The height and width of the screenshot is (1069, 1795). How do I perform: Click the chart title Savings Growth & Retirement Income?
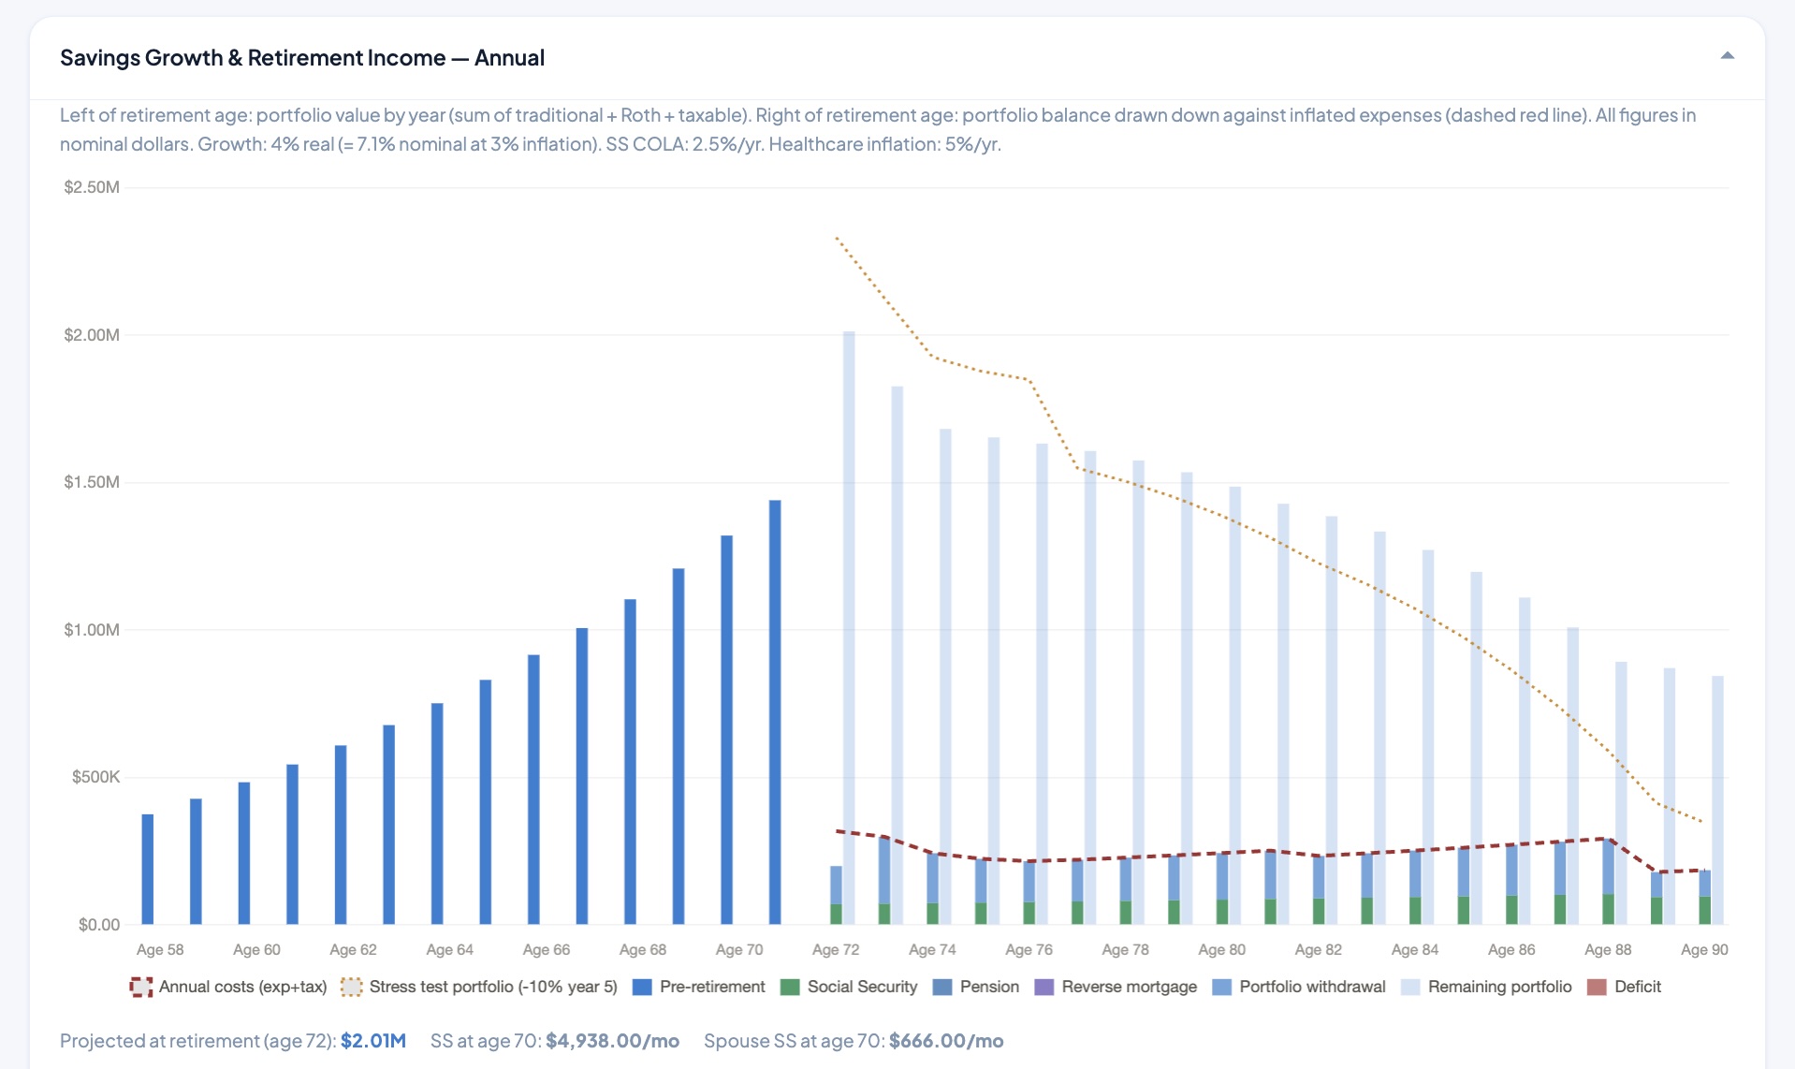tap(253, 58)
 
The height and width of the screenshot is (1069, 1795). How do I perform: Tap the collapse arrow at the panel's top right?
tap(1727, 56)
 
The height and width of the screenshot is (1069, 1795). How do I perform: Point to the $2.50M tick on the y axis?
tap(92, 187)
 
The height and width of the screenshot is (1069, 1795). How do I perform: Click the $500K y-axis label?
tap(95, 777)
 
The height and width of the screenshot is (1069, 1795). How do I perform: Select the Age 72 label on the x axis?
tap(836, 949)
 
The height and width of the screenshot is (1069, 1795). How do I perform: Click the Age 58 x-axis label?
tap(160, 949)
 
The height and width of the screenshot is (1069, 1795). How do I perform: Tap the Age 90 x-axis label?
tap(1704, 949)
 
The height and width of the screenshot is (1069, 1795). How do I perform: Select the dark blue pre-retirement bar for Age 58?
tap(148, 869)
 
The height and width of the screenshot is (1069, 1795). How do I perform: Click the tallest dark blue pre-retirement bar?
tap(775, 712)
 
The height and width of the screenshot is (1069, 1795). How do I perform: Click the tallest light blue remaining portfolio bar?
tap(849, 627)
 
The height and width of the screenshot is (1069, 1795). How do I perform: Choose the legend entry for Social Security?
tap(849, 987)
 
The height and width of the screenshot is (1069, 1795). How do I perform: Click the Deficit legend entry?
tap(1625, 987)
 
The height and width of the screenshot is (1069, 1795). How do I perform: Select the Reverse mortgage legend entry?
tap(1116, 987)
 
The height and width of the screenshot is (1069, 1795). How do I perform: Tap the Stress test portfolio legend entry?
tap(479, 987)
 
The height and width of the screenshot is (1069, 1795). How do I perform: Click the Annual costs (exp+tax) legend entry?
tap(228, 987)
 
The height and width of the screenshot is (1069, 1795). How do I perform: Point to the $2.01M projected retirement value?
tap(373, 1041)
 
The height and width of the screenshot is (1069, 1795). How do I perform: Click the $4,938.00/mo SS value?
tap(613, 1041)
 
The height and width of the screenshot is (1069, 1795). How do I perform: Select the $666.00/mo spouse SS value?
tap(946, 1041)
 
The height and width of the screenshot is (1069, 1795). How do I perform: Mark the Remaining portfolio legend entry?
tap(1486, 987)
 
